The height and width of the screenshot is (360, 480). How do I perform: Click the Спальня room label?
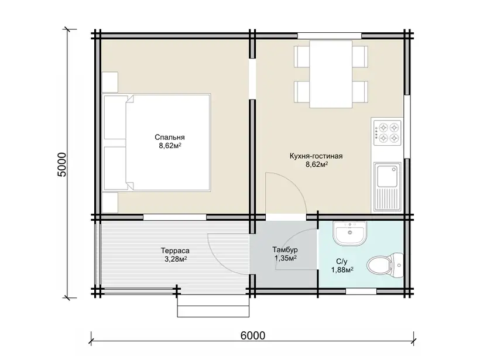[170, 137]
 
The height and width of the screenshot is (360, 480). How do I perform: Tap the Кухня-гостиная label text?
[316, 156]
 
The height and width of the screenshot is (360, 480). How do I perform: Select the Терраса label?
[175, 251]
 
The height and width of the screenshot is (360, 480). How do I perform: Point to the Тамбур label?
[285, 250]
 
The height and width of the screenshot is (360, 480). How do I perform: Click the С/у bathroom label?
[342, 262]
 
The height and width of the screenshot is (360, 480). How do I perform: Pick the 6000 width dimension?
[253, 335]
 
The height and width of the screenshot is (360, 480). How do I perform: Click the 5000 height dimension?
[61, 164]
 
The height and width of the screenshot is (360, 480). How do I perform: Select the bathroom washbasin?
[349, 233]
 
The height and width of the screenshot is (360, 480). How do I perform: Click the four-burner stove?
[387, 132]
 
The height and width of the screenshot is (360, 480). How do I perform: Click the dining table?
[331, 74]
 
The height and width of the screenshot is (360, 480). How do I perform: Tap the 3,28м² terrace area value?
[176, 259]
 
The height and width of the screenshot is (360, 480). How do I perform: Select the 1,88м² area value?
[342, 270]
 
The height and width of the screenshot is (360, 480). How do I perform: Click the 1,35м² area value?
[285, 258]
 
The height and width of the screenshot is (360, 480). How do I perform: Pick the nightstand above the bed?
[110, 83]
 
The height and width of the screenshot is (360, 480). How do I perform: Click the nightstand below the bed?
[110, 203]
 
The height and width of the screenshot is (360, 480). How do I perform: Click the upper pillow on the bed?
[115, 118]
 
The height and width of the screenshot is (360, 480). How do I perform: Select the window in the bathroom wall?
[361, 291]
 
